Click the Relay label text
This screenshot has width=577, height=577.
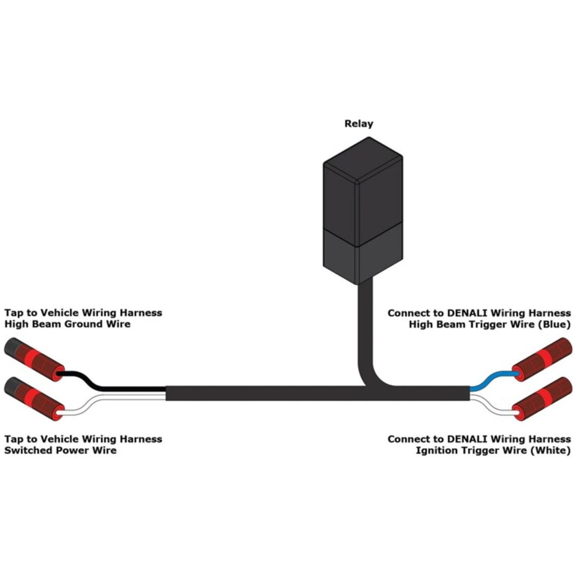(358, 123)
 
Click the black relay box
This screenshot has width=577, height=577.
(363, 210)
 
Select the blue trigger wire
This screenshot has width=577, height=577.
(493, 381)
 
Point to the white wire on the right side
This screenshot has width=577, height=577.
(494, 404)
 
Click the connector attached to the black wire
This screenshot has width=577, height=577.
(34, 360)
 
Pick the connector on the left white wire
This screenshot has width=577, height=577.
(34, 399)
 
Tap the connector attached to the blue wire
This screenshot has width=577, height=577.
(542, 360)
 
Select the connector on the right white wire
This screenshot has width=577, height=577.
(542, 399)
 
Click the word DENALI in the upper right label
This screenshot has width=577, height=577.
(467, 313)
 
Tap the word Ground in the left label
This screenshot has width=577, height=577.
(84, 324)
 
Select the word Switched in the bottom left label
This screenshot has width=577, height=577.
(24, 450)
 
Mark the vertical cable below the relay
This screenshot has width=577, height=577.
(365, 331)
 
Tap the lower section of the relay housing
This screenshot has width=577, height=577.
(363, 253)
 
